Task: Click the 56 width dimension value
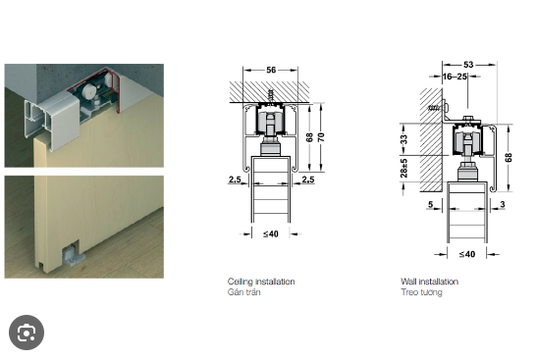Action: coord(271,70)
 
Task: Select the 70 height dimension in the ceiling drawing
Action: coord(321,137)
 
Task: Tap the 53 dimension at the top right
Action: coord(468,65)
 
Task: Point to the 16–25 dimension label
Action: coord(455,77)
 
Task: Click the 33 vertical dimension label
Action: coord(404,139)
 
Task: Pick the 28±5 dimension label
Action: coord(404,168)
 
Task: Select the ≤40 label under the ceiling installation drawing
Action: coord(271,234)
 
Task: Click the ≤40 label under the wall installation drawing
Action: coord(467,254)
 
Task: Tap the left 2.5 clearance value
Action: coord(235,180)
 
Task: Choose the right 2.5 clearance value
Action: coord(308,180)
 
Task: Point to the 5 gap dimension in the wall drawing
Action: coord(430,204)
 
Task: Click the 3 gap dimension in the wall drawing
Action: coord(503,204)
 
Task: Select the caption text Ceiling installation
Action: coord(261,282)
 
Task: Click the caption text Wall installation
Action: coord(430,282)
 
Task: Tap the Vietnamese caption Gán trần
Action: coord(244,292)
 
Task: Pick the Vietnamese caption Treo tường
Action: coord(421,292)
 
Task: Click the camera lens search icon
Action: coord(27,333)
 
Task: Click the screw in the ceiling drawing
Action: coord(271,95)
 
